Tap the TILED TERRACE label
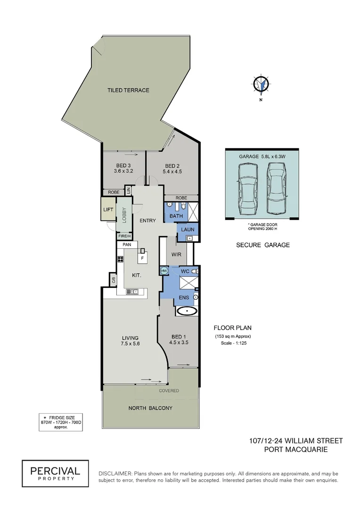pos(128,90)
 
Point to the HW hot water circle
pos(164,271)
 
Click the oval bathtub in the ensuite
pos(188,311)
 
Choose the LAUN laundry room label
pos(188,230)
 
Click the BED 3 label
pos(123,165)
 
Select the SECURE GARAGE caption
pos(263,245)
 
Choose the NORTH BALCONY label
pos(150,408)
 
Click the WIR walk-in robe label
pos(176,254)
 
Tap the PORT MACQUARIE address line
pos(295,450)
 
